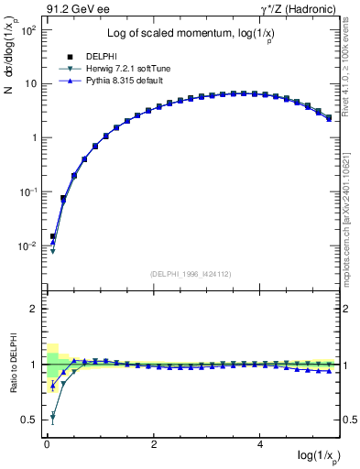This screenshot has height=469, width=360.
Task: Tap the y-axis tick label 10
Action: tap(30, 83)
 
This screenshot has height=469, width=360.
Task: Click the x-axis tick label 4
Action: tap(262, 443)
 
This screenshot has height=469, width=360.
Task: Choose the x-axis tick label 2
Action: tap(154, 443)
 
